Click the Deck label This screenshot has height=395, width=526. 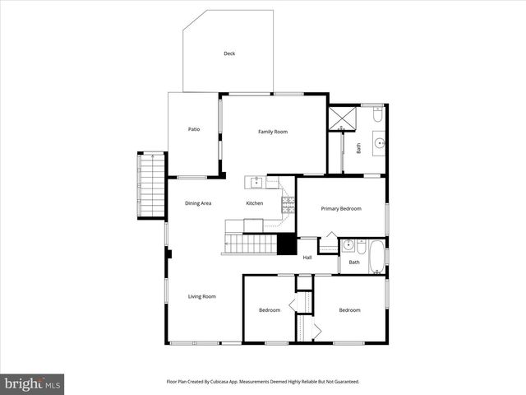229,53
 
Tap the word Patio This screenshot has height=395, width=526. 194,129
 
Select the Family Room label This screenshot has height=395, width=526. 273,132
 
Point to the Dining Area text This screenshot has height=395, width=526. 198,202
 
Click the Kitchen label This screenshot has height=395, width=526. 255,203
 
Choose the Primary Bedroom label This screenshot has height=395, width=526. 341,209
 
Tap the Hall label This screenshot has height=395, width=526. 307,258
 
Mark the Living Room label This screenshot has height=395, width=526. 202,296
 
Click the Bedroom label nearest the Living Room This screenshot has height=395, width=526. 270,310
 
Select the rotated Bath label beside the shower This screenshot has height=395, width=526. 358,149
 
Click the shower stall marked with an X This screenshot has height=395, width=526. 341,118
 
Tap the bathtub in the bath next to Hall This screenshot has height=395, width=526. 376,256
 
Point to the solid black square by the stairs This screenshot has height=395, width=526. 286,245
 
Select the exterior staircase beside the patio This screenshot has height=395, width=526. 153,185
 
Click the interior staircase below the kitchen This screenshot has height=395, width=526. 251,244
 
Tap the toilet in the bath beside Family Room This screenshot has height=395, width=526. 377,116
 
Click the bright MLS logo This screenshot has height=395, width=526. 32,384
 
